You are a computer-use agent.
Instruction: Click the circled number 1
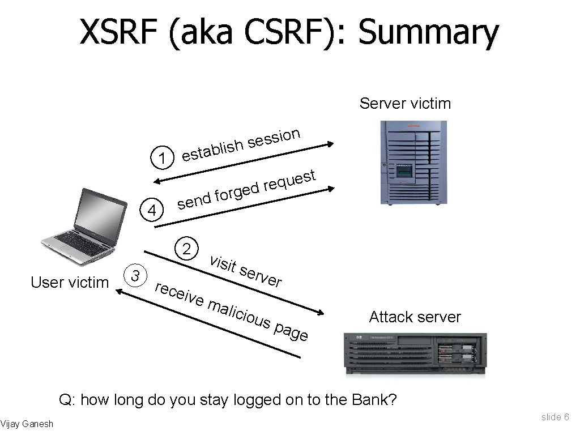point(163,158)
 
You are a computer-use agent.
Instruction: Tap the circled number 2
point(186,249)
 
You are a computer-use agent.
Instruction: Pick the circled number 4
point(152,211)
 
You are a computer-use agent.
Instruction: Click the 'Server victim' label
point(405,104)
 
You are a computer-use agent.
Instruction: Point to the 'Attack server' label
point(415,317)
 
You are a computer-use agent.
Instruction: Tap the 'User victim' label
point(70,282)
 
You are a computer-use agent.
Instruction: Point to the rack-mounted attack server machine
point(416,354)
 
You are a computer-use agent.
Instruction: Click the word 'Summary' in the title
point(429,33)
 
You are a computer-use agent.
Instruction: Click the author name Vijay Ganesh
point(27,424)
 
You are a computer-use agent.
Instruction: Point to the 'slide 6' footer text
point(555,417)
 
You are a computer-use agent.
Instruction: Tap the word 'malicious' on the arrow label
point(238,314)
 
